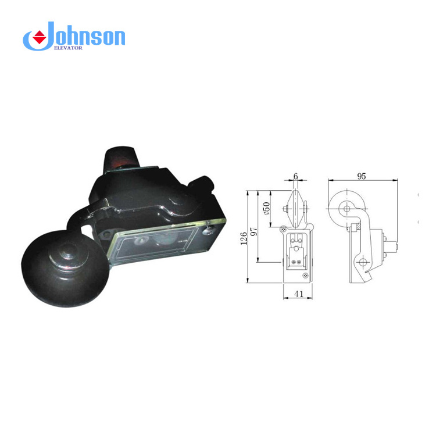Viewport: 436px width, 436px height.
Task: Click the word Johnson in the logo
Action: [83, 36]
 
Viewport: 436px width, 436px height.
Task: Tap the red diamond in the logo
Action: [40, 37]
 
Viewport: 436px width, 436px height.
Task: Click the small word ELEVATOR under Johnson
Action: [68, 48]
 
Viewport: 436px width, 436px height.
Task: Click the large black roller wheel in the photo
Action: [65, 269]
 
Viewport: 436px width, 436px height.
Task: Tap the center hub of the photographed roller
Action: [67, 252]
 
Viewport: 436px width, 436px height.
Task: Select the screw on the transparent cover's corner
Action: [208, 230]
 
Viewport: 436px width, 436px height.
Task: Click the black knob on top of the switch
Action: [120, 159]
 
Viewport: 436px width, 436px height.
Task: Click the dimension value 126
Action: [244, 238]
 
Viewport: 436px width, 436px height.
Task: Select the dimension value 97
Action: [253, 231]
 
